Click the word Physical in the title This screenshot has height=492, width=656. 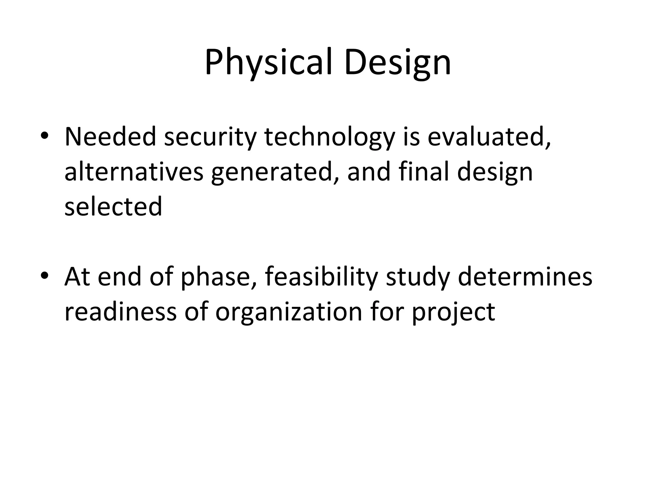271,63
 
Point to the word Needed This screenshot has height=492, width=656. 110,137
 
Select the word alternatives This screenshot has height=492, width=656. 134,172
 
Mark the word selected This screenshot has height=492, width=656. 113,207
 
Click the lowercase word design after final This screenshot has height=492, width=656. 495,172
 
